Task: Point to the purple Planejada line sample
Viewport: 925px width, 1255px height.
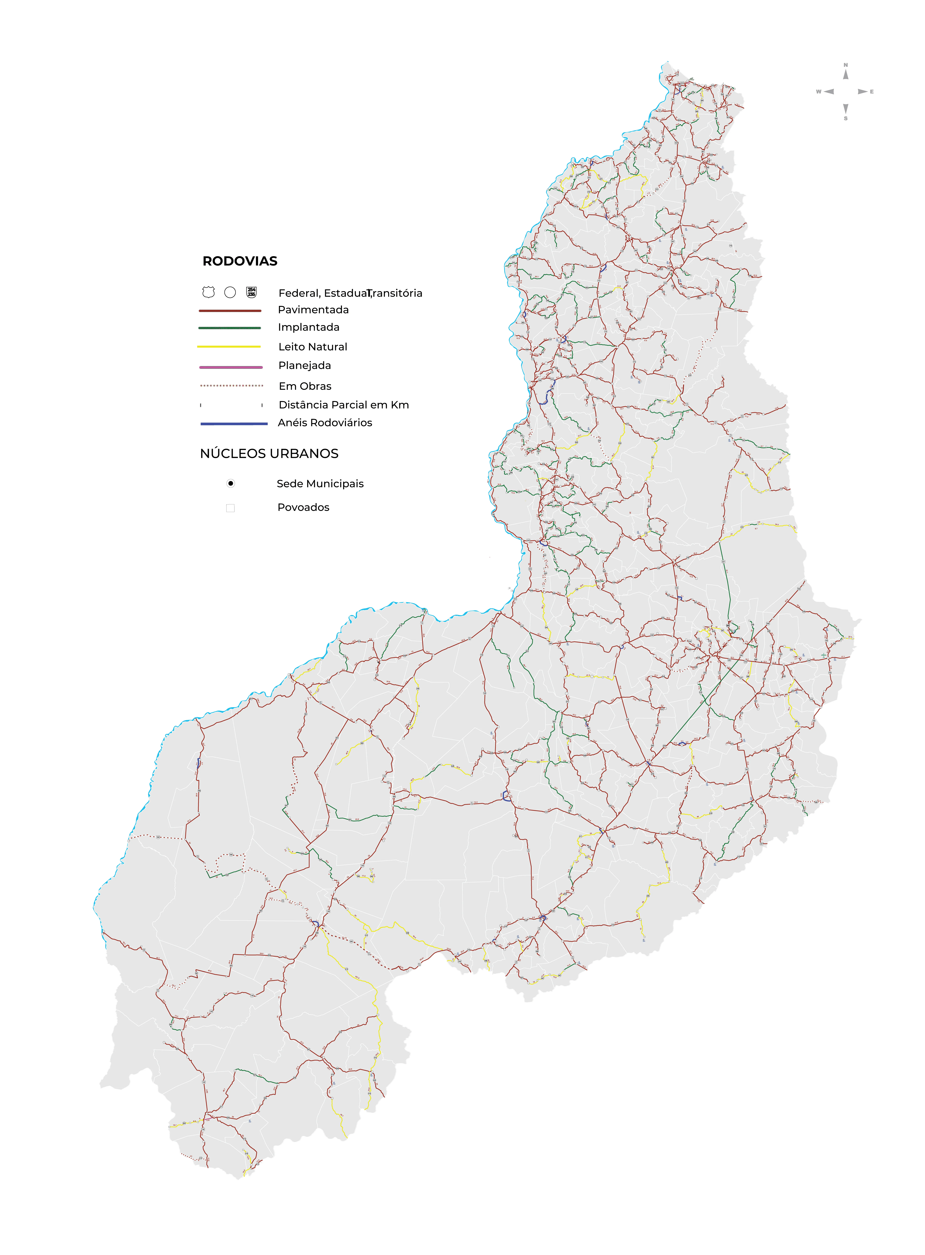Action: point(231,367)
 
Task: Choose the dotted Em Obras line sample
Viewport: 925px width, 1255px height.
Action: point(231,386)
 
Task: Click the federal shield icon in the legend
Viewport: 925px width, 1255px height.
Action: point(208,292)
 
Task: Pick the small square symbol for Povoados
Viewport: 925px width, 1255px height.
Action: point(230,508)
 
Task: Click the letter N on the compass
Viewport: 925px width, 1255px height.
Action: point(845,65)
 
